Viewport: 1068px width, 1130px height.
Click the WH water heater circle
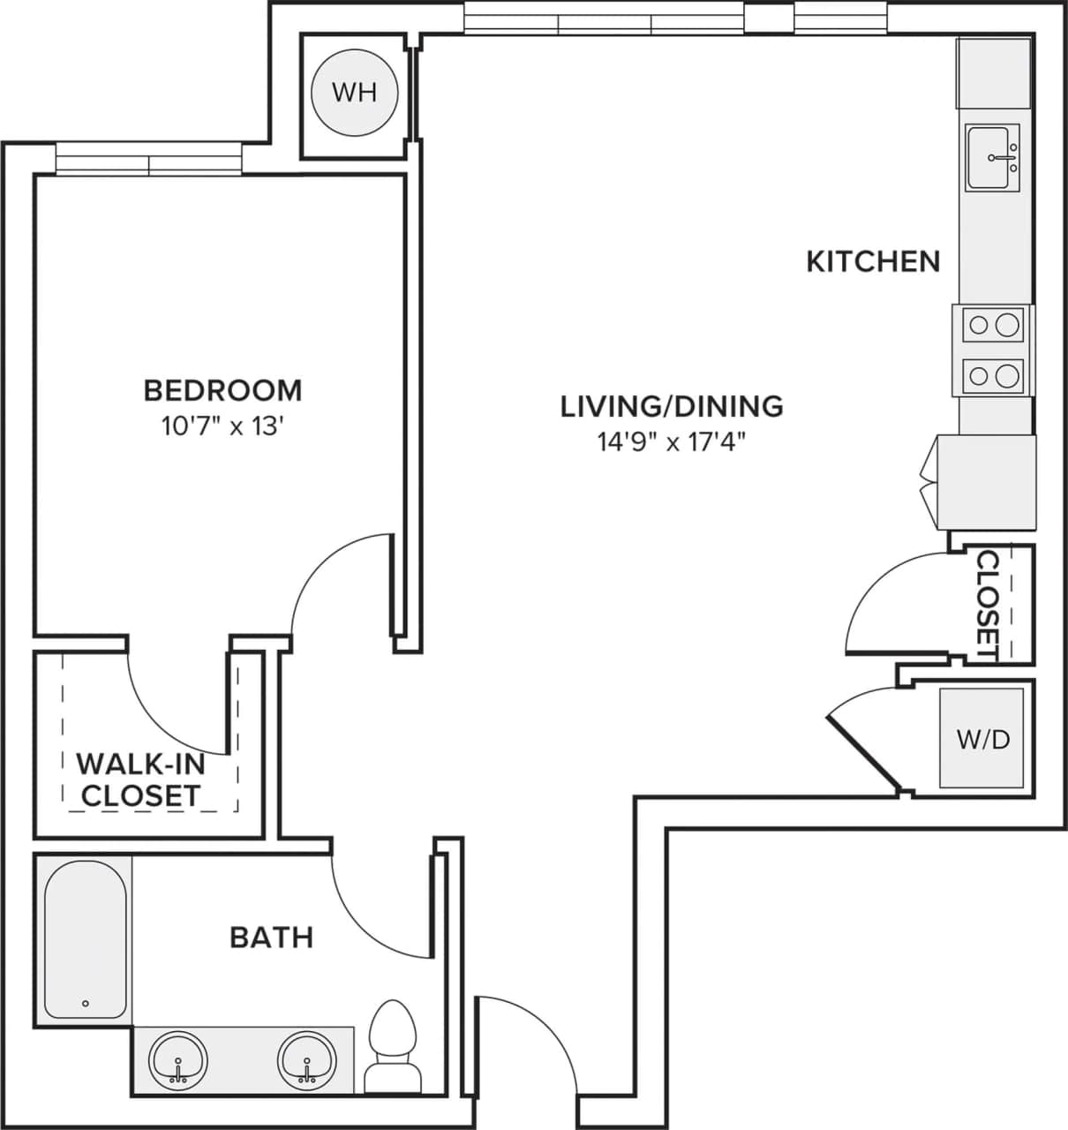(355, 93)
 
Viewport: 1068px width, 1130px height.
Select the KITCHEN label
(873, 261)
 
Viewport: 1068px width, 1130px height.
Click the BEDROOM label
(222, 389)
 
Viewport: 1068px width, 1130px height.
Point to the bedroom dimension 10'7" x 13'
(222, 427)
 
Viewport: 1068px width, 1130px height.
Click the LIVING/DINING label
(672, 406)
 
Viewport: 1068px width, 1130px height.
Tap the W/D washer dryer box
(982, 738)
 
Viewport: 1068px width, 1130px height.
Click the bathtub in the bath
(85, 941)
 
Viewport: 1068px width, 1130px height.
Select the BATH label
(271, 937)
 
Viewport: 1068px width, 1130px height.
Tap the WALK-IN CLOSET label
(140, 779)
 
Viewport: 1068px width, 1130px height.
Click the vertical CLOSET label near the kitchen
(988, 606)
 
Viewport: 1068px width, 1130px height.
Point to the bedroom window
(148, 160)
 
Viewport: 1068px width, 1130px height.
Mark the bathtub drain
(86, 1004)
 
